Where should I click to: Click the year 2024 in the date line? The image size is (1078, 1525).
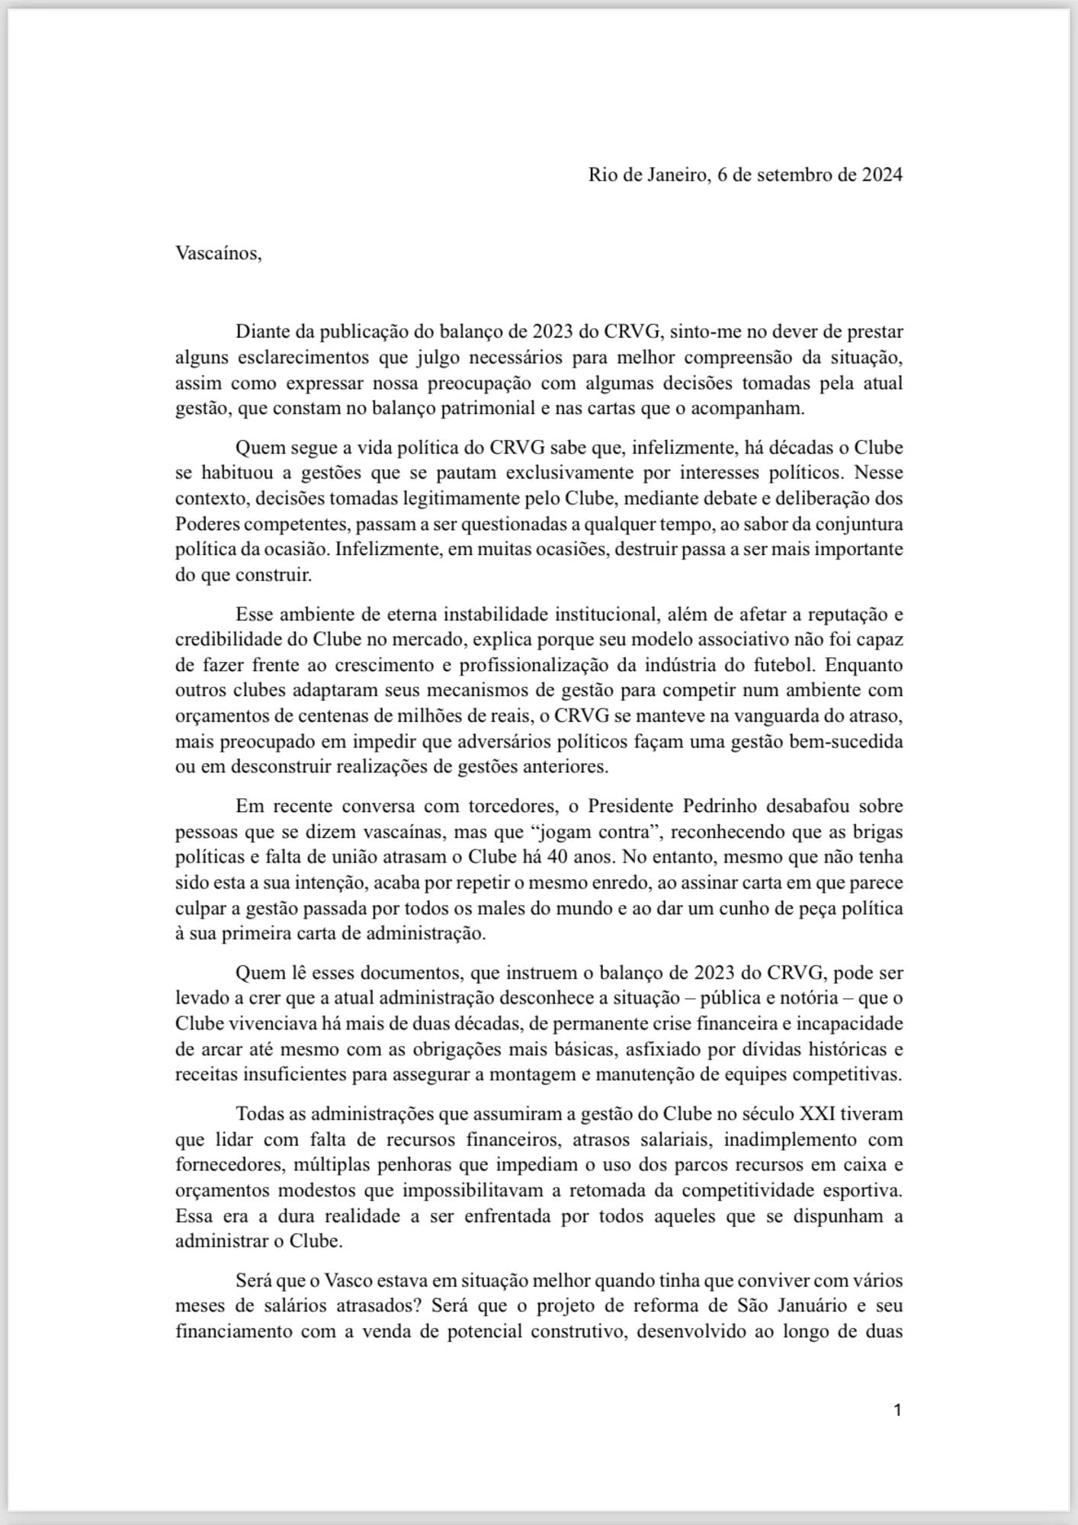882,175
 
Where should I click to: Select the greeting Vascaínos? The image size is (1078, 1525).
218,253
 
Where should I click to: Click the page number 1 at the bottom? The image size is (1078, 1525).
897,1411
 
